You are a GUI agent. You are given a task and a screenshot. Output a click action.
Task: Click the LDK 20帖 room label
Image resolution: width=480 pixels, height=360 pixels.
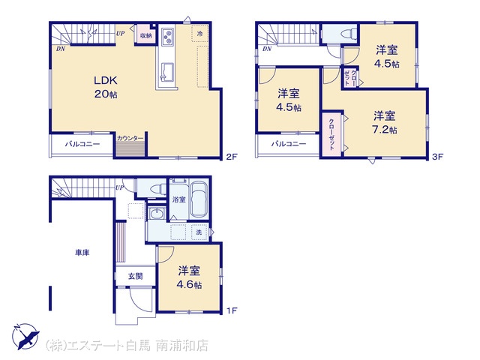click(106, 87)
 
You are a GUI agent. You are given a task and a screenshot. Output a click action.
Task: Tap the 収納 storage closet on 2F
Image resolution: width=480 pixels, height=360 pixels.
click(146, 35)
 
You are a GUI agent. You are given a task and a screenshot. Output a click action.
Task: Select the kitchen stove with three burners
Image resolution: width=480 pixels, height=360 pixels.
click(167, 37)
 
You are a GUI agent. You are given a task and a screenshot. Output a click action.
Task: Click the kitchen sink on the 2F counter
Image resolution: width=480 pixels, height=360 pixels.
click(167, 72)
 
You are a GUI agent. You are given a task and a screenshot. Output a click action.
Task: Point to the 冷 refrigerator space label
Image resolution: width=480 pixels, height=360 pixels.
click(200, 33)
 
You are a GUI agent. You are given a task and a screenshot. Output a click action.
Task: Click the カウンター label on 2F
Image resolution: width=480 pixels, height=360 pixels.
click(130, 138)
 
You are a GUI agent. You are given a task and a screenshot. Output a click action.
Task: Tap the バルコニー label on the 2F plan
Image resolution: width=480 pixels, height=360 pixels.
click(82, 145)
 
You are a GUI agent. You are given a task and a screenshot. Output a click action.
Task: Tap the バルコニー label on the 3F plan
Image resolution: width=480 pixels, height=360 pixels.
click(289, 143)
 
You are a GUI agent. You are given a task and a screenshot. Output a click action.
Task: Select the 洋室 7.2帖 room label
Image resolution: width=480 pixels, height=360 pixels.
click(385, 122)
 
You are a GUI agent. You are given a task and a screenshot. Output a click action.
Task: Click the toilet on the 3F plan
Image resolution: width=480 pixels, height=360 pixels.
click(349, 33)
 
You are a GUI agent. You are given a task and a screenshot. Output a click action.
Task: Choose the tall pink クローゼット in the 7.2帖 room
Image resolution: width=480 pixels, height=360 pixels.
click(332, 135)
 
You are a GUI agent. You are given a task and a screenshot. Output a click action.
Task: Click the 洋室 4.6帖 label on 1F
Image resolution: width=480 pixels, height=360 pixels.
click(189, 277)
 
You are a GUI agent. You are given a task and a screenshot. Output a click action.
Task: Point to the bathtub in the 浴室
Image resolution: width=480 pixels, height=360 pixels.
click(199, 199)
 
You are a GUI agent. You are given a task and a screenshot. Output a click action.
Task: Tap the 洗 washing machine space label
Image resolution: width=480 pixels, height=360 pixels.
click(199, 232)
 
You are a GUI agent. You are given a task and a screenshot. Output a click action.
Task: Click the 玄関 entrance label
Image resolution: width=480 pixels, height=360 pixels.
click(135, 276)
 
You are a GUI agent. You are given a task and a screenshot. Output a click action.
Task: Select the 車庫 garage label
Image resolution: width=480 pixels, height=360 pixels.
click(82, 253)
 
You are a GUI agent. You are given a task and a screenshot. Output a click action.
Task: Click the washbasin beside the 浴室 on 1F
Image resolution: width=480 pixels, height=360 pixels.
click(157, 213)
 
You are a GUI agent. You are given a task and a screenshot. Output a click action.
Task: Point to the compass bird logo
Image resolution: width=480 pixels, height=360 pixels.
click(25, 336)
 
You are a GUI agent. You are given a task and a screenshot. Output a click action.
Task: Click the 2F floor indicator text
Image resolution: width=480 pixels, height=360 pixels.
click(232, 157)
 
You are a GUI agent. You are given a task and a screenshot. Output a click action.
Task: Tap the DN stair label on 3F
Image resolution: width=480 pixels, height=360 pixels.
click(267, 49)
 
